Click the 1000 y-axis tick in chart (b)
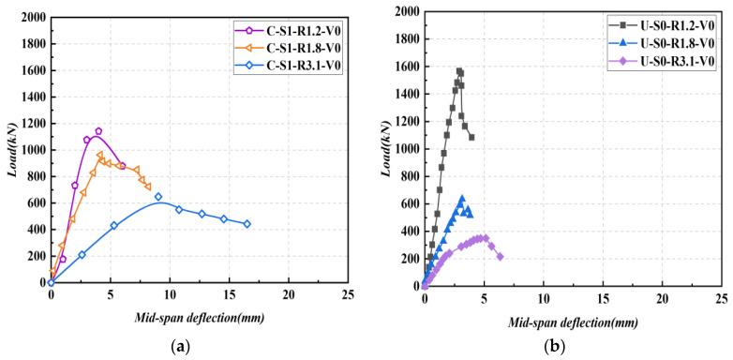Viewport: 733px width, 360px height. pos(404,148)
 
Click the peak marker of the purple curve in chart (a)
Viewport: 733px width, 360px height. pos(98,131)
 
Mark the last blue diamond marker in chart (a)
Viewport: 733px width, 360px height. pos(247,224)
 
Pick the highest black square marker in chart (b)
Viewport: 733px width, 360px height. pos(459,71)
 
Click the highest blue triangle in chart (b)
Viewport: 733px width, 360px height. pos(462,199)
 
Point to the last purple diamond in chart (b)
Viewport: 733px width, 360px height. pos(500,256)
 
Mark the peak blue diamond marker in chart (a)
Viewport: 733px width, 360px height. pos(158,197)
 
